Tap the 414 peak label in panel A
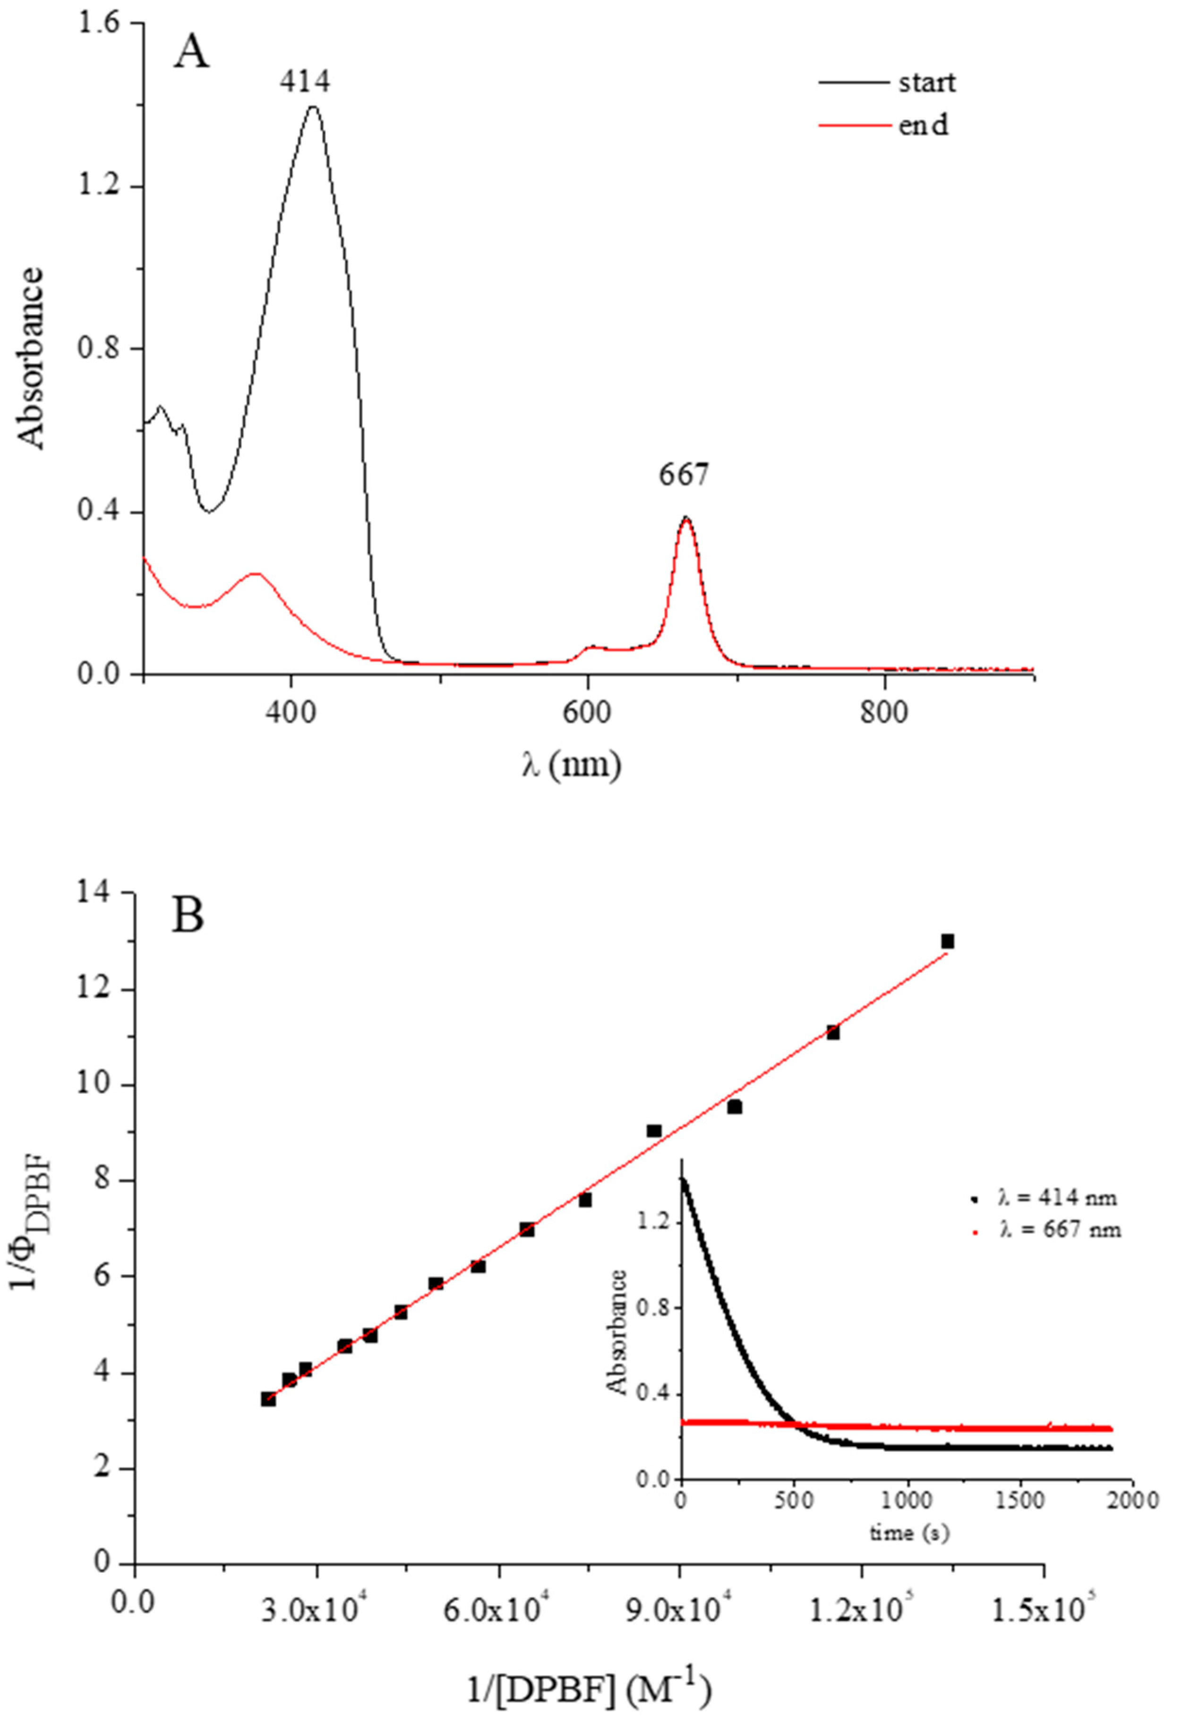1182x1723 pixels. coord(305,82)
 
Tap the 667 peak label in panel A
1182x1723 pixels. coord(684,476)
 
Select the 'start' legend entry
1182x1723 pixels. coord(927,82)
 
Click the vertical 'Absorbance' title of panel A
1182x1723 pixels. coord(32,359)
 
